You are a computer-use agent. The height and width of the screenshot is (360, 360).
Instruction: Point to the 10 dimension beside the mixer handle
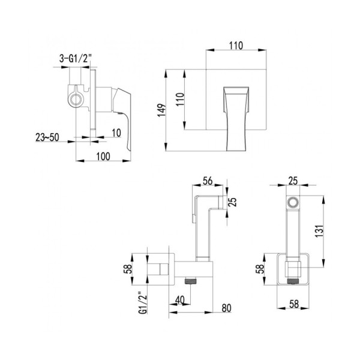click(116, 132)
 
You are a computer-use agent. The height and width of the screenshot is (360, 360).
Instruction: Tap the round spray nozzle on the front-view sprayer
click(292, 203)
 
